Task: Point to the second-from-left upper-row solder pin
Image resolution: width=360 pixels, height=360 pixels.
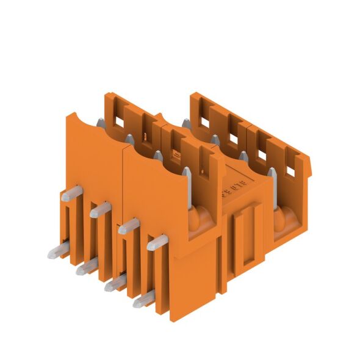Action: [x=100, y=209]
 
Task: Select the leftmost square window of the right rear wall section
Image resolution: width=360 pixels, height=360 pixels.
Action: [x=204, y=122]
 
